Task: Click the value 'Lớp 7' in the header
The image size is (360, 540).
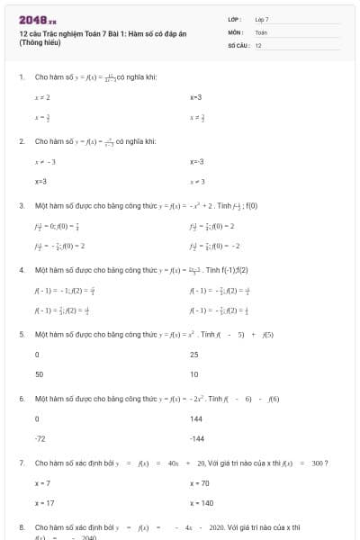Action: coord(262,19)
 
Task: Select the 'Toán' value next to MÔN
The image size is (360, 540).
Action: coord(261,31)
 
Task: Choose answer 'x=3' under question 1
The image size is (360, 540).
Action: coord(196,96)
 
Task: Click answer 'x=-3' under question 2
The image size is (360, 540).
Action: coord(197,161)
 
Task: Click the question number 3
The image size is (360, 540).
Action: coord(21,205)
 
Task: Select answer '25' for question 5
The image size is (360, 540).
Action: coord(195,354)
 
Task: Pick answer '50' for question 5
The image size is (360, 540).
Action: coord(40,374)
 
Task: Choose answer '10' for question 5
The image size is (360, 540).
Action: coord(194,374)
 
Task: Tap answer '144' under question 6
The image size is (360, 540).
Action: coord(197,418)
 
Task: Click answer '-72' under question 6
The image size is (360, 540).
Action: coord(40,439)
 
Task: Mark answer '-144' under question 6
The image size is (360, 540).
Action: coord(198,439)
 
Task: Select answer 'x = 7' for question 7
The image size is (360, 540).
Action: coord(42,483)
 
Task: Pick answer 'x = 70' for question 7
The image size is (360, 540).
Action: coord(201,483)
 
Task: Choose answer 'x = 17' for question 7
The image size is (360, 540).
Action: coord(44,503)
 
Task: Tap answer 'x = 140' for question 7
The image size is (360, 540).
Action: coord(202,503)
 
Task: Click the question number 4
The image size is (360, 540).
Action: coord(21,270)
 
